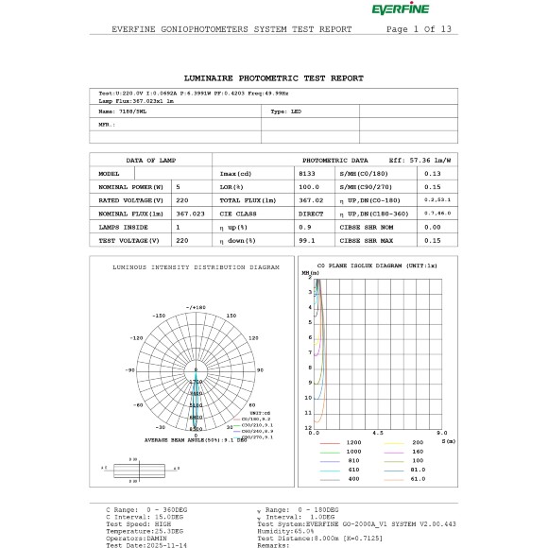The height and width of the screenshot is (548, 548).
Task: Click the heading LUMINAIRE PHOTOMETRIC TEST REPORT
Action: pos(273,77)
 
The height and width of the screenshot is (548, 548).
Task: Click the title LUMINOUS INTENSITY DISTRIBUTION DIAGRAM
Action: pos(196,267)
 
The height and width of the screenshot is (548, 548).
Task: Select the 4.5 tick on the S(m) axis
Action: pos(378,434)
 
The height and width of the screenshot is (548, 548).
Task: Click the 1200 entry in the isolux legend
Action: pos(353,442)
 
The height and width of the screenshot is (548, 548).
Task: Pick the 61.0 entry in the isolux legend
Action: pos(419,479)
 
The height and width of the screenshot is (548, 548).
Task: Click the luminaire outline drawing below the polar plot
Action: pos(139,470)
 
